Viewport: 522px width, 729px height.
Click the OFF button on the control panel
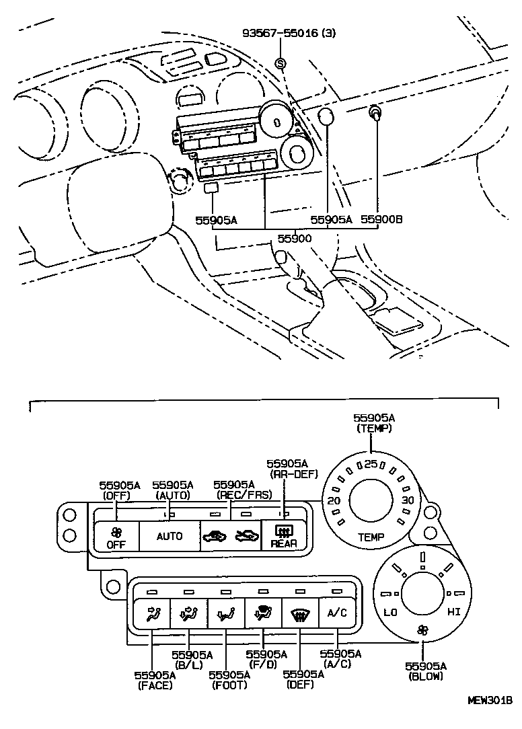pyautogui.click(x=116, y=537)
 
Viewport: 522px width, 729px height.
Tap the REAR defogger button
pyautogui.click(x=283, y=537)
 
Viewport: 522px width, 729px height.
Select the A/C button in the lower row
pyautogui.click(x=336, y=613)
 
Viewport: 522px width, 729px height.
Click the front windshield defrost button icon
pyautogui.click(x=299, y=613)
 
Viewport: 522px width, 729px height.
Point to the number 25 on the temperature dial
pyautogui.click(x=371, y=464)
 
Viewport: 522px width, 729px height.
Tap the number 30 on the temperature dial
pyautogui.click(x=407, y=501)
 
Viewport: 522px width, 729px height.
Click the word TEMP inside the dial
pyautogui.click(x=371, y=537)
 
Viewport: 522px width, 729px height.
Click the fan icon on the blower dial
pyautogui.click(x=422, y=630)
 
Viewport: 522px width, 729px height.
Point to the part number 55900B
pyautogui.click(x=381, y=219)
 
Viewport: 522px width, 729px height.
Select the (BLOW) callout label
pyautogui.click(x=425, y=676)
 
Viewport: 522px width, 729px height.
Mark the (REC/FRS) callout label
pyautogui.click(x=234, y=495)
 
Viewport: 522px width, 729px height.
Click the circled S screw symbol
pyautogui.click(x=281, y=64)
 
